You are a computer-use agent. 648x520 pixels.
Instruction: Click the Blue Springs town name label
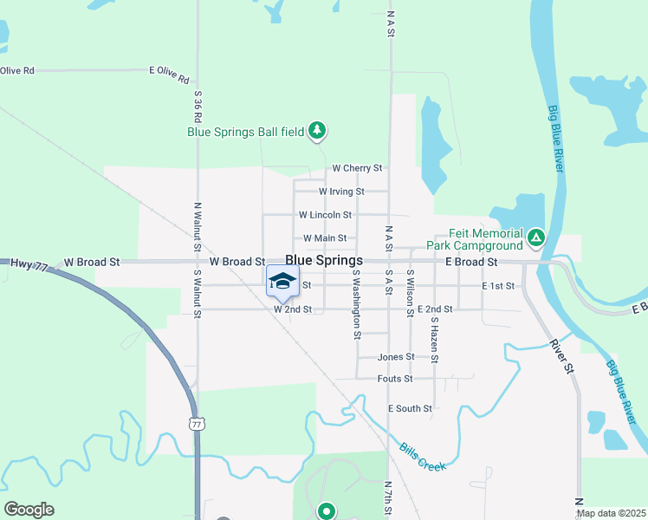click(323, 260)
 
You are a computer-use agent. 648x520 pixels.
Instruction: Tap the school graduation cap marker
click(282, 281)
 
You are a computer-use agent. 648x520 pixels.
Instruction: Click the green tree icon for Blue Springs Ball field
click(319, 131)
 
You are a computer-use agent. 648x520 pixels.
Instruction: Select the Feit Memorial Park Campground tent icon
click(537, 236)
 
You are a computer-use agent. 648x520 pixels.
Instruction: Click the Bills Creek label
click(423, 456)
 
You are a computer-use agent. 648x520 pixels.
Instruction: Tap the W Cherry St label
click(357, 169)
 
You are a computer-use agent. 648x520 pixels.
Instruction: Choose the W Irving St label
click(341, 192)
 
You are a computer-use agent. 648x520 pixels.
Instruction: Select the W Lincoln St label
click(325, 214)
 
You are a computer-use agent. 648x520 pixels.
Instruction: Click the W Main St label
click(325, 238)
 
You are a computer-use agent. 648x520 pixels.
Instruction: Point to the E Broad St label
click(471, 261)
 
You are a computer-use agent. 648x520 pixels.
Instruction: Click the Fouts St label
click(395, 379)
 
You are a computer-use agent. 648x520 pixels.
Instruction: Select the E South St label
click(410, 408)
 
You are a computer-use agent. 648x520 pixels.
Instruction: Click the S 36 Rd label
click(198, 106)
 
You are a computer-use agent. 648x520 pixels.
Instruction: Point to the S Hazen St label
click(435, 340)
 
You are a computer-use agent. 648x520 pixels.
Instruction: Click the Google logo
click(29, 510)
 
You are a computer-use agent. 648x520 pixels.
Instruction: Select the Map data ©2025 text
click(610, 513)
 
